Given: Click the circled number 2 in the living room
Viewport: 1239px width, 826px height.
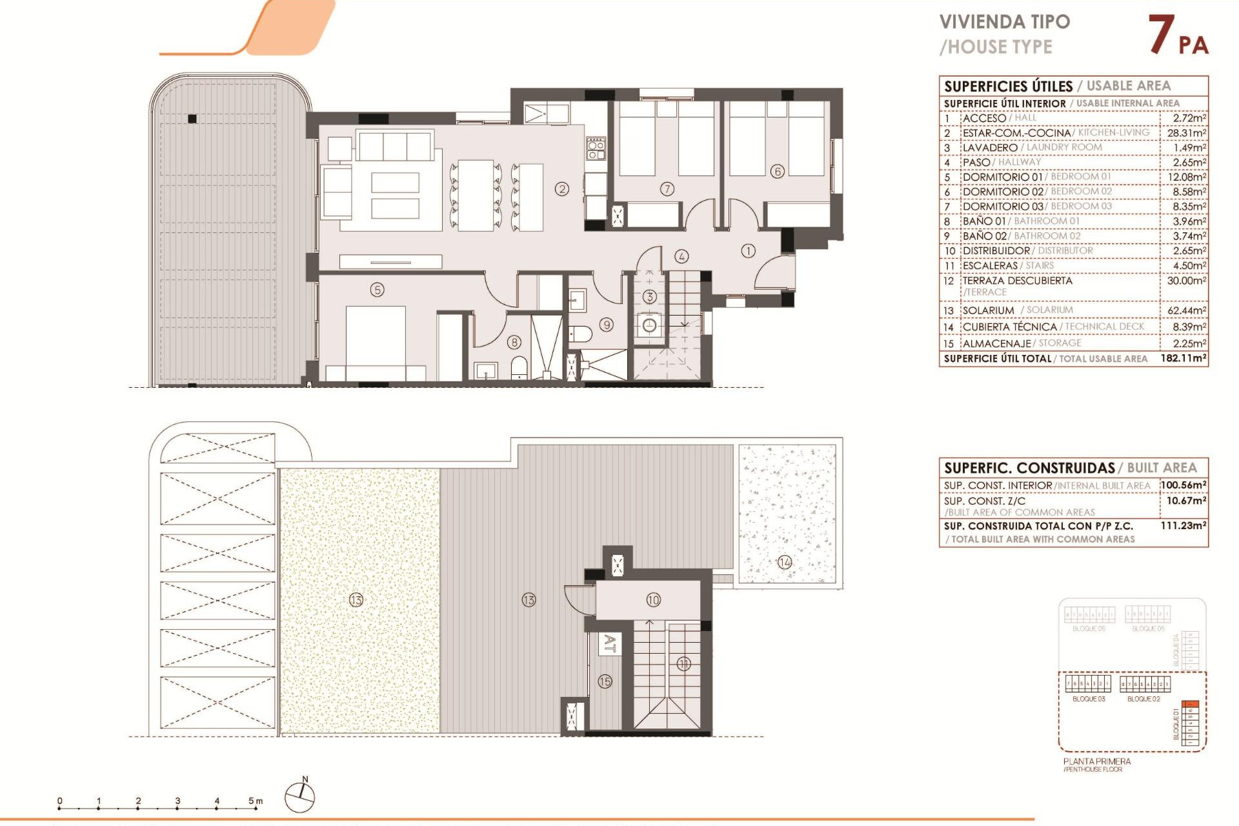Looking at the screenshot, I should coord(562,189).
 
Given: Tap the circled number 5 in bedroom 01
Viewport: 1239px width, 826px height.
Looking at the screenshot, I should coord(378,290).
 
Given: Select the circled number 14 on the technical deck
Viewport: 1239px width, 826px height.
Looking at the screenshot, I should coord(785,562).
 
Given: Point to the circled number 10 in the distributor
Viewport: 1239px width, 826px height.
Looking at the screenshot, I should coord(653,600).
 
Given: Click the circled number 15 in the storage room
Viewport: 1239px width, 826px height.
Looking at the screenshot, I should coord(605,681).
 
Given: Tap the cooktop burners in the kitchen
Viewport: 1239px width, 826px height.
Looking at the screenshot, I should coord(596,149).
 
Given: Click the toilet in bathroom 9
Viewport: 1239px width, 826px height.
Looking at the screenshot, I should coord(581,334).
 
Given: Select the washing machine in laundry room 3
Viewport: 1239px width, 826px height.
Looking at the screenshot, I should coord(649,325).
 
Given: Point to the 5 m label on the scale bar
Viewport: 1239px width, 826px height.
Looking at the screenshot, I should coord(256,801).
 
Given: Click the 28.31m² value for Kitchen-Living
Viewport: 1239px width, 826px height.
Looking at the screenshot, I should coord(1186,133).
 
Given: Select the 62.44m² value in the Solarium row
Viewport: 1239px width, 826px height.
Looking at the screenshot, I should coord(1186,310).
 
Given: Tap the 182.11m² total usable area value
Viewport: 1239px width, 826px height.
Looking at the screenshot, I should coord(1183,358).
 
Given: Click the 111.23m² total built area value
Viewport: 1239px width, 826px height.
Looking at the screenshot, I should coord(1183,526).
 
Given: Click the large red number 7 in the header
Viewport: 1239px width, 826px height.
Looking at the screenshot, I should coord(1161,35).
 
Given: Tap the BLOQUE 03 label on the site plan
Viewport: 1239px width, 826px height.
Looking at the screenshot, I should coord(1089,699).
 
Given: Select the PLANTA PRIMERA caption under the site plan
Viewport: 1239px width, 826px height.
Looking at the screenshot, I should coord(1097,761).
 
